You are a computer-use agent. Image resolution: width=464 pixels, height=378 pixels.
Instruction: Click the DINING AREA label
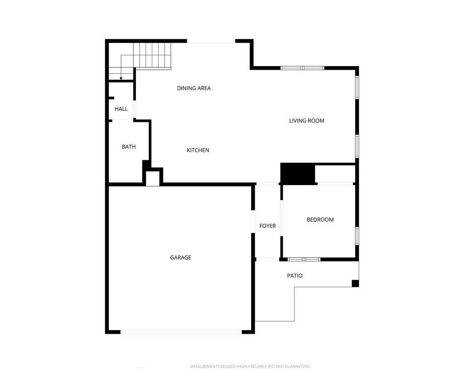[x=193, y=88]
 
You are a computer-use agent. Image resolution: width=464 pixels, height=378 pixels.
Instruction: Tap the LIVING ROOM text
[x=307, y=121]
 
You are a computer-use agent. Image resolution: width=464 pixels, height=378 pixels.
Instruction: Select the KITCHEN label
[x=198, y=150]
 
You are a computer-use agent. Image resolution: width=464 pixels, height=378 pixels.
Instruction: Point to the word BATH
[x=129, y=147]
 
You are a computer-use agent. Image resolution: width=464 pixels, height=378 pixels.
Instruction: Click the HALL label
[x=121, y=109]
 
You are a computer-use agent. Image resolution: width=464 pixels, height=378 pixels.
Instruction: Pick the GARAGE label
[x=180, y=258]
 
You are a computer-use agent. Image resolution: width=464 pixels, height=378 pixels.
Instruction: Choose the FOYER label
[x=267, y=226]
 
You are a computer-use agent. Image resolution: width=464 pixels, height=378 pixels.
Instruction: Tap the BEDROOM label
[x=320, y=220]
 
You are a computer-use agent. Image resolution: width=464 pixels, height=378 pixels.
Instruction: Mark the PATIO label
[x=295, y=276]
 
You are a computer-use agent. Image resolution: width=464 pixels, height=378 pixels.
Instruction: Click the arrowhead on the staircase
[x=121, y=78]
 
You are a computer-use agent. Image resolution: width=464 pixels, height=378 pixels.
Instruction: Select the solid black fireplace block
[x=298, y=174]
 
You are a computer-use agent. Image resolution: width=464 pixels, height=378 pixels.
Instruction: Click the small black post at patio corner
[x=355, y=283]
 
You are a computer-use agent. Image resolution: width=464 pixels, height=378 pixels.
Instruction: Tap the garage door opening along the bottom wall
[x=181, y=332]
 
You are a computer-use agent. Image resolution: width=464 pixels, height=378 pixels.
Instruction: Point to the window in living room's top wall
[x=302, y=68]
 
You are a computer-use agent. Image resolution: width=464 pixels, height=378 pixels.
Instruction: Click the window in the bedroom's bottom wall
[x=304, y=259]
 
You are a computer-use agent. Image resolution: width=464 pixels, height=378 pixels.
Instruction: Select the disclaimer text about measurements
[x=250, y=366]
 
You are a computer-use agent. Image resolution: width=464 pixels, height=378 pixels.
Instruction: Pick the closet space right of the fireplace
[x=335, y=174]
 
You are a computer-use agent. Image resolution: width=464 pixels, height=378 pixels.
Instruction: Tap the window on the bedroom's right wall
[x=357, y=236]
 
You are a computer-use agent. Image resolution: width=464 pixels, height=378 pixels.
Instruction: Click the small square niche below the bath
[x=152, y=178]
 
